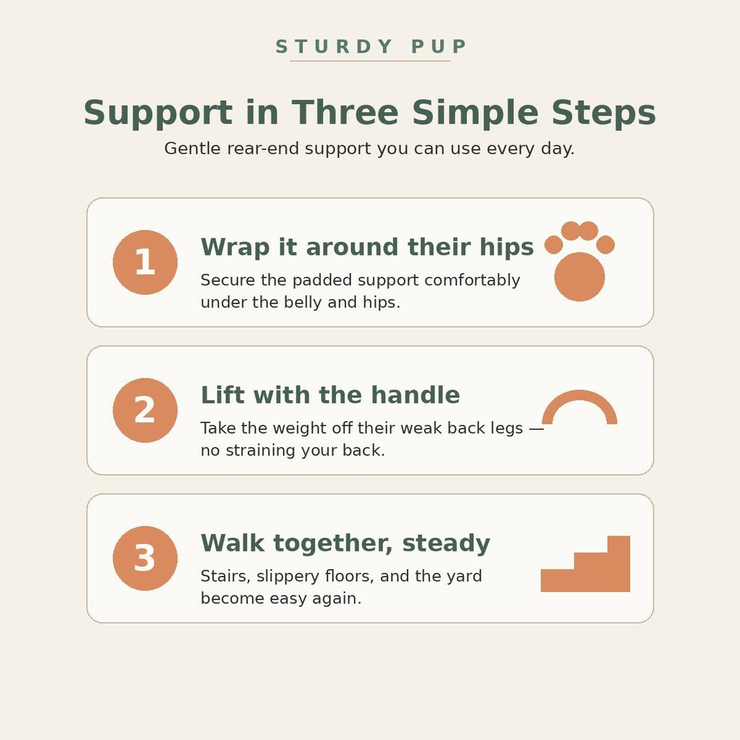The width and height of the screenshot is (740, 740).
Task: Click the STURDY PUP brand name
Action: (x=371, y=46)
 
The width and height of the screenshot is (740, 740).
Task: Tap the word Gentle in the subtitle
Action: (x=192, y=148)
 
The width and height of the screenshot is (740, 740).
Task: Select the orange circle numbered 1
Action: (x=145, y=262)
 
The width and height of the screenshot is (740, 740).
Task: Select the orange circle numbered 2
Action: (x=145, y=410)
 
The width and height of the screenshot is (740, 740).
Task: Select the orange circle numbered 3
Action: (x=145, y=559)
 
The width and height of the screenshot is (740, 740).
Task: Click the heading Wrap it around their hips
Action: (x=367, y=247)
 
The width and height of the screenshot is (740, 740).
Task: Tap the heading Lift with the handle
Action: (x=330, y=395)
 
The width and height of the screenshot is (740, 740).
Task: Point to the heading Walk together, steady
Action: (x=345, y=543)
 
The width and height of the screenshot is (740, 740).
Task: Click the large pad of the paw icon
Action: (x=580, y=277)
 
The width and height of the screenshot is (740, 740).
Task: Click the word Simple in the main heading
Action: (x=475, y=113)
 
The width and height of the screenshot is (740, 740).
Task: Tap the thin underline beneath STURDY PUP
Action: (x=370, y=61)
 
